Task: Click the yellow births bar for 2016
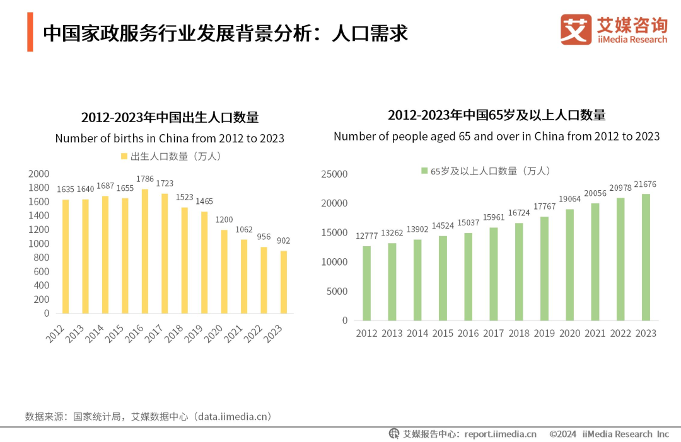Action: click(145, 251)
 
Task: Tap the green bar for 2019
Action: click(544, 268)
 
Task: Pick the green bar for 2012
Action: click(366, 283)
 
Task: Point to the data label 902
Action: click(284, 241)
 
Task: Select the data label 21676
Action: click(646, 184)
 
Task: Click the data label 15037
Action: click(468, 223)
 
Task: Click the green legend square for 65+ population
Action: click(424, 171)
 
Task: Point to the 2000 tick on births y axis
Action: click(38, 174)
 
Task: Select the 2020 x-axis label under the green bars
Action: click(569, 333)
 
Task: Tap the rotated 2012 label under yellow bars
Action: click(55, 334)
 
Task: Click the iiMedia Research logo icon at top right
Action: click(576, 30)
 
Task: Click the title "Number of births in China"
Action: click(170, 139)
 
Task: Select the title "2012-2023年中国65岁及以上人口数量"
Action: click(496, 115)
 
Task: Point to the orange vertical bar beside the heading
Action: click(30, 31)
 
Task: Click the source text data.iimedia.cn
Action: click(233, 417)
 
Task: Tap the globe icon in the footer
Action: click(394, 433)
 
